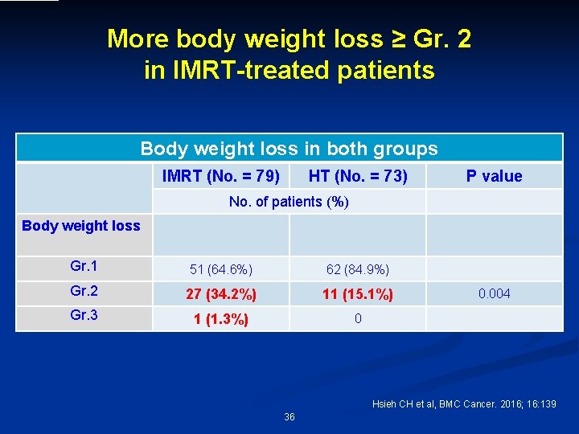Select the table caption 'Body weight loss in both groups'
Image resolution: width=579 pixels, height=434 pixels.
pos(289,149)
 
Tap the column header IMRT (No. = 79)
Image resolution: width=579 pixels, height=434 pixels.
pos(221,176)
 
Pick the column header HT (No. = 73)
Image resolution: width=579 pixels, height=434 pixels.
pos(358,176)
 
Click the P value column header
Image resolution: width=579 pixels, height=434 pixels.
pos(494,176)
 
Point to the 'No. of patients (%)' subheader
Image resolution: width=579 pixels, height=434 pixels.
pos(289,202)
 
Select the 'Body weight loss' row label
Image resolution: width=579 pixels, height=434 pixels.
pos(81,226)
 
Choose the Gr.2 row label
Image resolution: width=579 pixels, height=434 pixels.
pos(84,292)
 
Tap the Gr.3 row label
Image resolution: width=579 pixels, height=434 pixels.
pos(84,315)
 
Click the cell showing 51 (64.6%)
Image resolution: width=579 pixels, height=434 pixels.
pos(220,269)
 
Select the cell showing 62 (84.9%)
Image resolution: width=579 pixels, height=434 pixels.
pos(358,269)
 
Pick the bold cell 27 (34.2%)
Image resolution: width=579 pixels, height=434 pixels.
pos(220,294)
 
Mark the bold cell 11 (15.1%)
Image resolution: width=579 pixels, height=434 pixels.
pos(358,294)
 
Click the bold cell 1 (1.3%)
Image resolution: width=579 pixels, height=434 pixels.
pos(220,319)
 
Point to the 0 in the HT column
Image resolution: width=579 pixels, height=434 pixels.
pos(358,319)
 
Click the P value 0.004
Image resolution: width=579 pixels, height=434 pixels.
pos(494,294)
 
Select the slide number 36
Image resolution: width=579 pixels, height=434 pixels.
pos(289,417)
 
